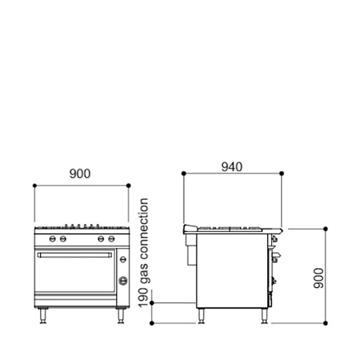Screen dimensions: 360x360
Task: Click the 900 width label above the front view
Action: coord(80,174)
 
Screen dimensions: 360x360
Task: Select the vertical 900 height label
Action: coord(317,278)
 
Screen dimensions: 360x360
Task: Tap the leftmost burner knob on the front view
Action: coord(53,239)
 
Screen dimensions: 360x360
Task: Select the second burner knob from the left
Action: coord(63,239)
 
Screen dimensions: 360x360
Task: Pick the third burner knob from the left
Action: coord(101,239)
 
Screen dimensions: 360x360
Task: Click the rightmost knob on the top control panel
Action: coord(112,239)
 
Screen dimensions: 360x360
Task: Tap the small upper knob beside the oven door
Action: coord(123,259)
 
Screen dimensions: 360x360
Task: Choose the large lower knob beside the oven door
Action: coord(123,280)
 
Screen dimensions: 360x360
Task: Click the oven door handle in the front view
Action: coord(75,255)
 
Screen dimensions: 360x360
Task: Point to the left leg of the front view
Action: coord(43,316)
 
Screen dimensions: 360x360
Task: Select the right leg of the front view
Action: coord(121,316)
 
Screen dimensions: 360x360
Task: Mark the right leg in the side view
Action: coord(264,316)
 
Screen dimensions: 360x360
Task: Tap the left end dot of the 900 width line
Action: coord(35,185)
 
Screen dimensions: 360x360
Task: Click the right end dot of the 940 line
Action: coord(282,174)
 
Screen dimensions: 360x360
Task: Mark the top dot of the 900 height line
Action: coord(325,229)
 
